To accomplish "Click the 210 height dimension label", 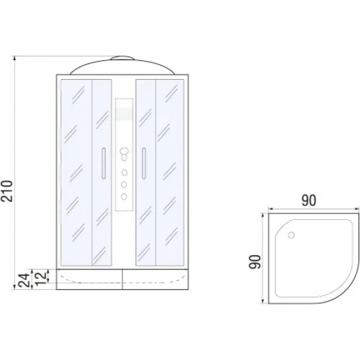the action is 7,191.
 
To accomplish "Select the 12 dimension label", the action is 41,278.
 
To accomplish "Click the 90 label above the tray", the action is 308,200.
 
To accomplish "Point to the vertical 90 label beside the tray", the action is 255,262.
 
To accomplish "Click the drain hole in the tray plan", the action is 291,236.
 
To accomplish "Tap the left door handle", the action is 103,163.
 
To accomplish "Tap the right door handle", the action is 144,163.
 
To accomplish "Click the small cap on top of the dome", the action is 122,58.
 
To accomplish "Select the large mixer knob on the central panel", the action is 124,152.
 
